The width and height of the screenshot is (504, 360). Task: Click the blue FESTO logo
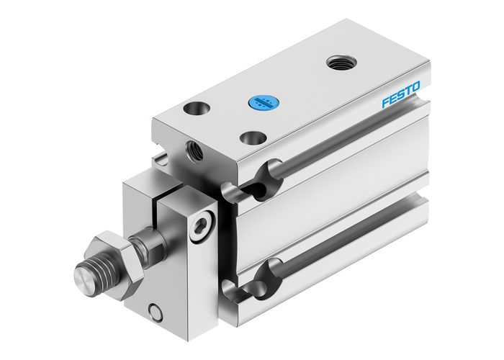tap(405, 97)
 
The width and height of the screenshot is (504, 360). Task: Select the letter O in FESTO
tap(424, 89)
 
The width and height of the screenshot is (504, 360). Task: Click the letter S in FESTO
tap(405, 97)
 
